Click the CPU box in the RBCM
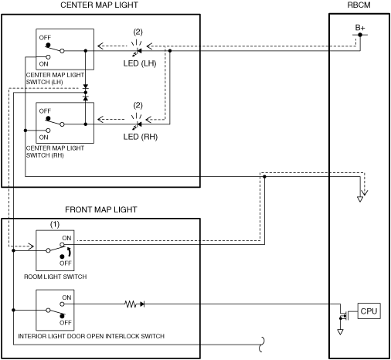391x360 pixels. (x=369, y=311)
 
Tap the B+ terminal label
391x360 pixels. (x=360, y=28)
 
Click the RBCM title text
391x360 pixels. (x=359, y=5)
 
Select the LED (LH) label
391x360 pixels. (x=140, y=63)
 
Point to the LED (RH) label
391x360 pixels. (x=141, y=137)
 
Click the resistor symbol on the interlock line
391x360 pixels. (x=131, y=304)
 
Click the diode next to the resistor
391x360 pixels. (x=142, y=304)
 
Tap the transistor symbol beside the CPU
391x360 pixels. (x=344, y=314)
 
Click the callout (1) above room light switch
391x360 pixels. (x=55, y=224)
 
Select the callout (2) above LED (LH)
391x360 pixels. (x=138, y=32)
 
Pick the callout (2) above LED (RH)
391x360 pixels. (x=138, y=105)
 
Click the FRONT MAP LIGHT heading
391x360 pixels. (x=101, y=209)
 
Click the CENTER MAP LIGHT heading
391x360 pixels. (x=99, y=5)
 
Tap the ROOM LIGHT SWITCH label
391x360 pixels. (x=56, y=277)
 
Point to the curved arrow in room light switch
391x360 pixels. (x=69, y=252)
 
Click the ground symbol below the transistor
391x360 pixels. (x=340, y=331)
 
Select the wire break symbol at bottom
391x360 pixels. (x=262, y=345)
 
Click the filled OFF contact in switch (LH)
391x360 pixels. (x=48, y=46)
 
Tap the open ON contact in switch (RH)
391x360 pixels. (x=48, y=131)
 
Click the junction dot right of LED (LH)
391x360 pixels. (x=170, y=51)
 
